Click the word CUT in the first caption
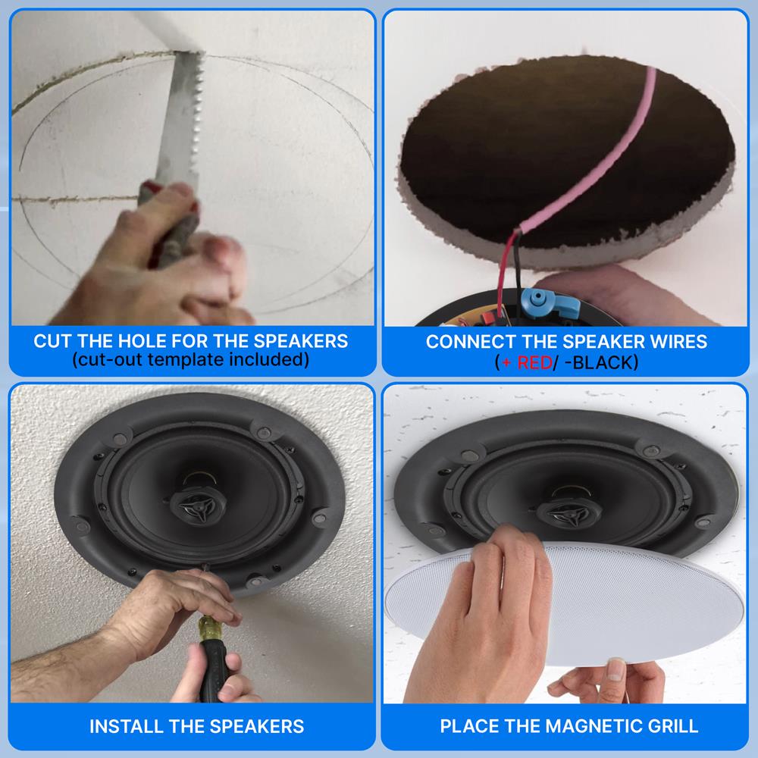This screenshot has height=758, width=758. [52, 341]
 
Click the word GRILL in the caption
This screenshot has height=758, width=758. [670, 726]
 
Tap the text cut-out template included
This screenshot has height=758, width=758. [190, 359]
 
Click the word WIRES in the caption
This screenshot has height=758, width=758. [680, 341]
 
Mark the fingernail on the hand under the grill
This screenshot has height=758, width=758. [615, 671]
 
